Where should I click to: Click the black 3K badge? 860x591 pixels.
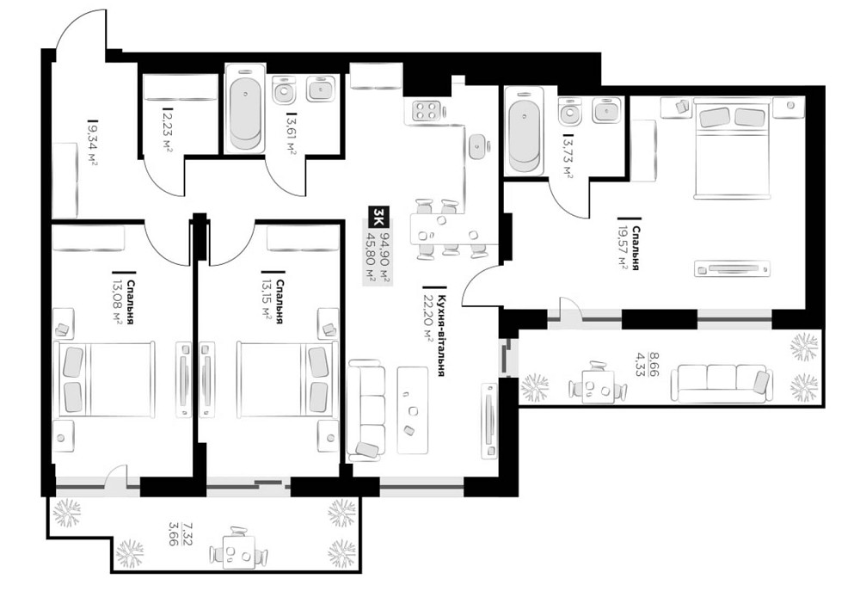click(x=376, y=216)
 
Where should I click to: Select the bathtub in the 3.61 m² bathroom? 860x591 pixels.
click(x=246, y=113)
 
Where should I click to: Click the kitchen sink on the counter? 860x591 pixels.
click(x=478, y=145)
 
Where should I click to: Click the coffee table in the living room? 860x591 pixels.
click(x=414, y=409)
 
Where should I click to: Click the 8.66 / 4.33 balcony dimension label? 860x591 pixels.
click(x=659, y=360)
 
